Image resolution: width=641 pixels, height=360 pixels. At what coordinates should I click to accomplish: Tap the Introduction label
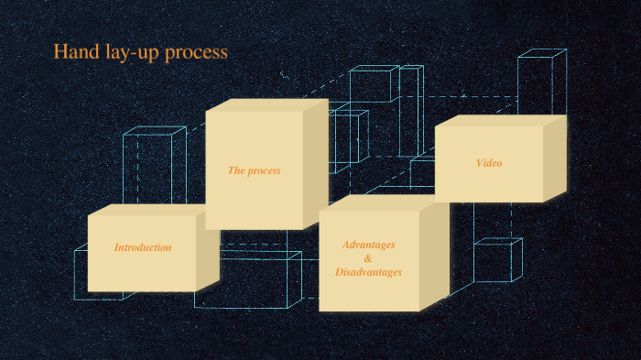[143, 247]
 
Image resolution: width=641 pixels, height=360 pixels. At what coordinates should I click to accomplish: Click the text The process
[254, 170]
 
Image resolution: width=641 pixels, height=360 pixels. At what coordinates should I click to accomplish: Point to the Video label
[489, 163]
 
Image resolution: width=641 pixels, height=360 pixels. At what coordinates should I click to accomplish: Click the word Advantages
[368, 245]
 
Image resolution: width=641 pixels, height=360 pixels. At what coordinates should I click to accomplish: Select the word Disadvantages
[368, 272]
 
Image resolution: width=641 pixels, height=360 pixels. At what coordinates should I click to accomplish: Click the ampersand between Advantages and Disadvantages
[368, 258]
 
